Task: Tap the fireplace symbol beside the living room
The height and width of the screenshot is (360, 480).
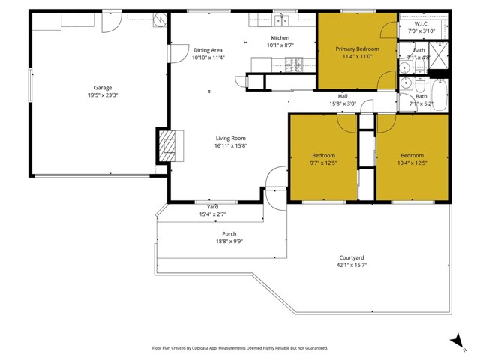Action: click(169, 145)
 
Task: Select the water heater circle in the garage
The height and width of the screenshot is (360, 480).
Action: click(158, 21)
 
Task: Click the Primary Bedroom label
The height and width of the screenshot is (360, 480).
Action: click(357, 49)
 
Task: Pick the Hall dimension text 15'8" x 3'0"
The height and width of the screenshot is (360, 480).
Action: click(343, 103)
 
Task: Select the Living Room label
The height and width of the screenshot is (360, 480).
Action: click(231, 138)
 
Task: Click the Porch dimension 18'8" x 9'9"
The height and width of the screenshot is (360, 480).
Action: click(229, 241)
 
